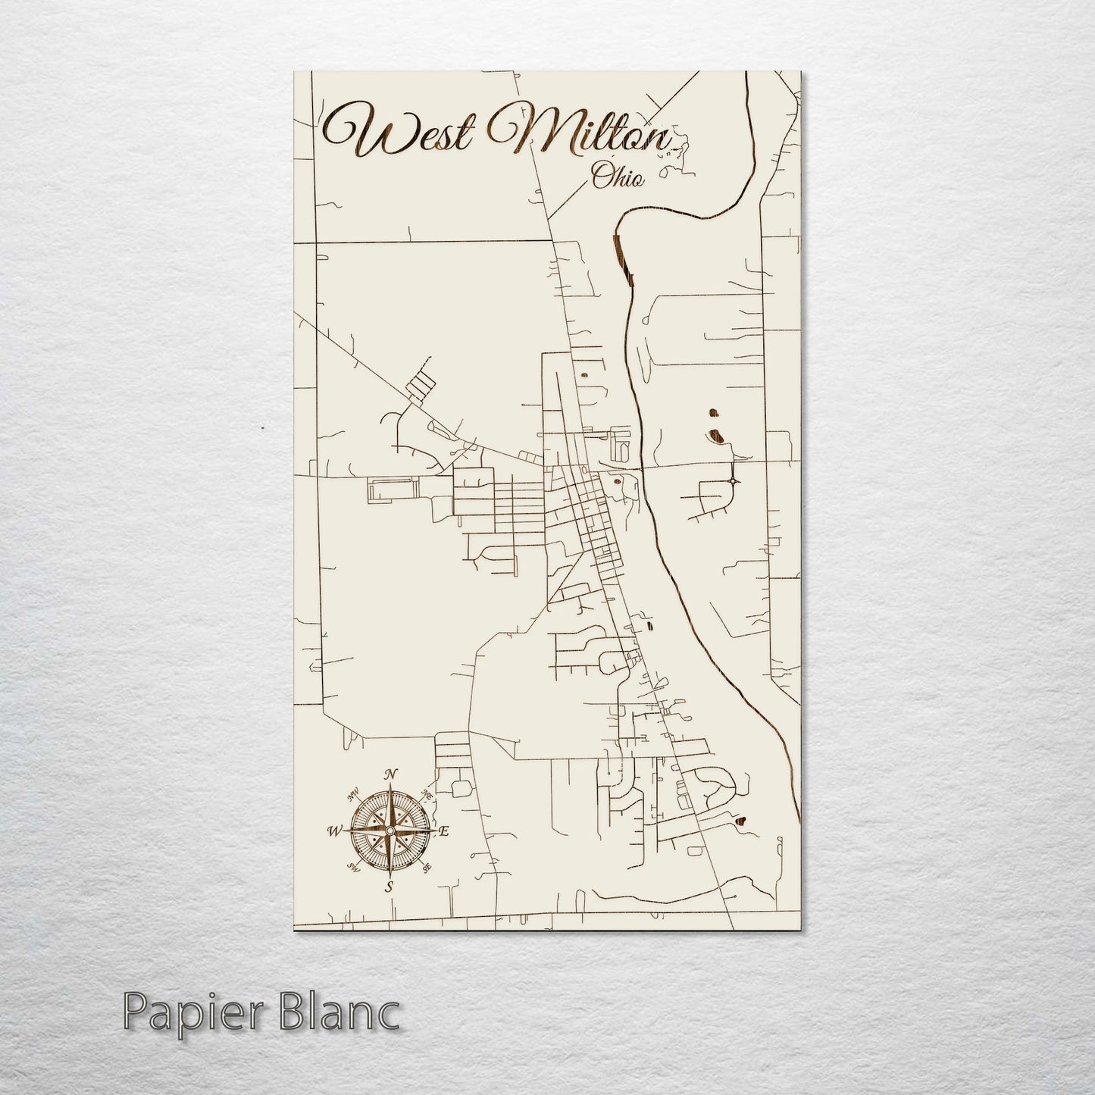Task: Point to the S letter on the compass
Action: click(389, 887)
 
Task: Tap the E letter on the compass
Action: click(445, 831)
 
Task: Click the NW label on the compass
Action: click(352, 795)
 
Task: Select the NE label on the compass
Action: click(427, 795)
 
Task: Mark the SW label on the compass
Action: click(352, 866)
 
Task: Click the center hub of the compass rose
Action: click(390, 831)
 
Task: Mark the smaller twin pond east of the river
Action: click(712, 413)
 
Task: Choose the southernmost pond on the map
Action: click(740, 819)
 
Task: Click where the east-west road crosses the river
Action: click(643, 467)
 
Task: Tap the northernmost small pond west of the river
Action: click(584, 374)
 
